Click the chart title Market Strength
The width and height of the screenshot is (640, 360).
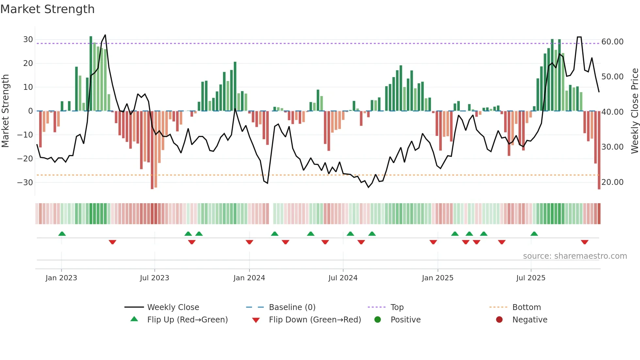tap(48, 9)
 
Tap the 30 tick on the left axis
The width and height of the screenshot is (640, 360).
tap(28, 40)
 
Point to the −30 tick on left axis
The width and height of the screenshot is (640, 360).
tap(25, 182)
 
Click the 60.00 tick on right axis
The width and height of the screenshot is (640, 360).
tap(612, 42)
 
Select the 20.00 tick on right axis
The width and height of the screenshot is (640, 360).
tap(612, 182)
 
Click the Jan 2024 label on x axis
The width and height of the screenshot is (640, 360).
tap(249, 278)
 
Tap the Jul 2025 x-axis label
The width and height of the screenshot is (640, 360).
tap(531, 278)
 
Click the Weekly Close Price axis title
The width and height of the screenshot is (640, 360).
tap(634, 111)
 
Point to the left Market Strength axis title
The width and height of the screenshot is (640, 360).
tap(5, 111)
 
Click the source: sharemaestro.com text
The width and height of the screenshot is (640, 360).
tap(575, 256)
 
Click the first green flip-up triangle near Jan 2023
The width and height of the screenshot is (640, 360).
tap(62, 234)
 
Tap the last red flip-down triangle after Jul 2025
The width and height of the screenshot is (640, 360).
tap(584, 242)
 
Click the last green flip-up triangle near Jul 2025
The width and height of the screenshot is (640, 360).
tap(534, 234)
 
